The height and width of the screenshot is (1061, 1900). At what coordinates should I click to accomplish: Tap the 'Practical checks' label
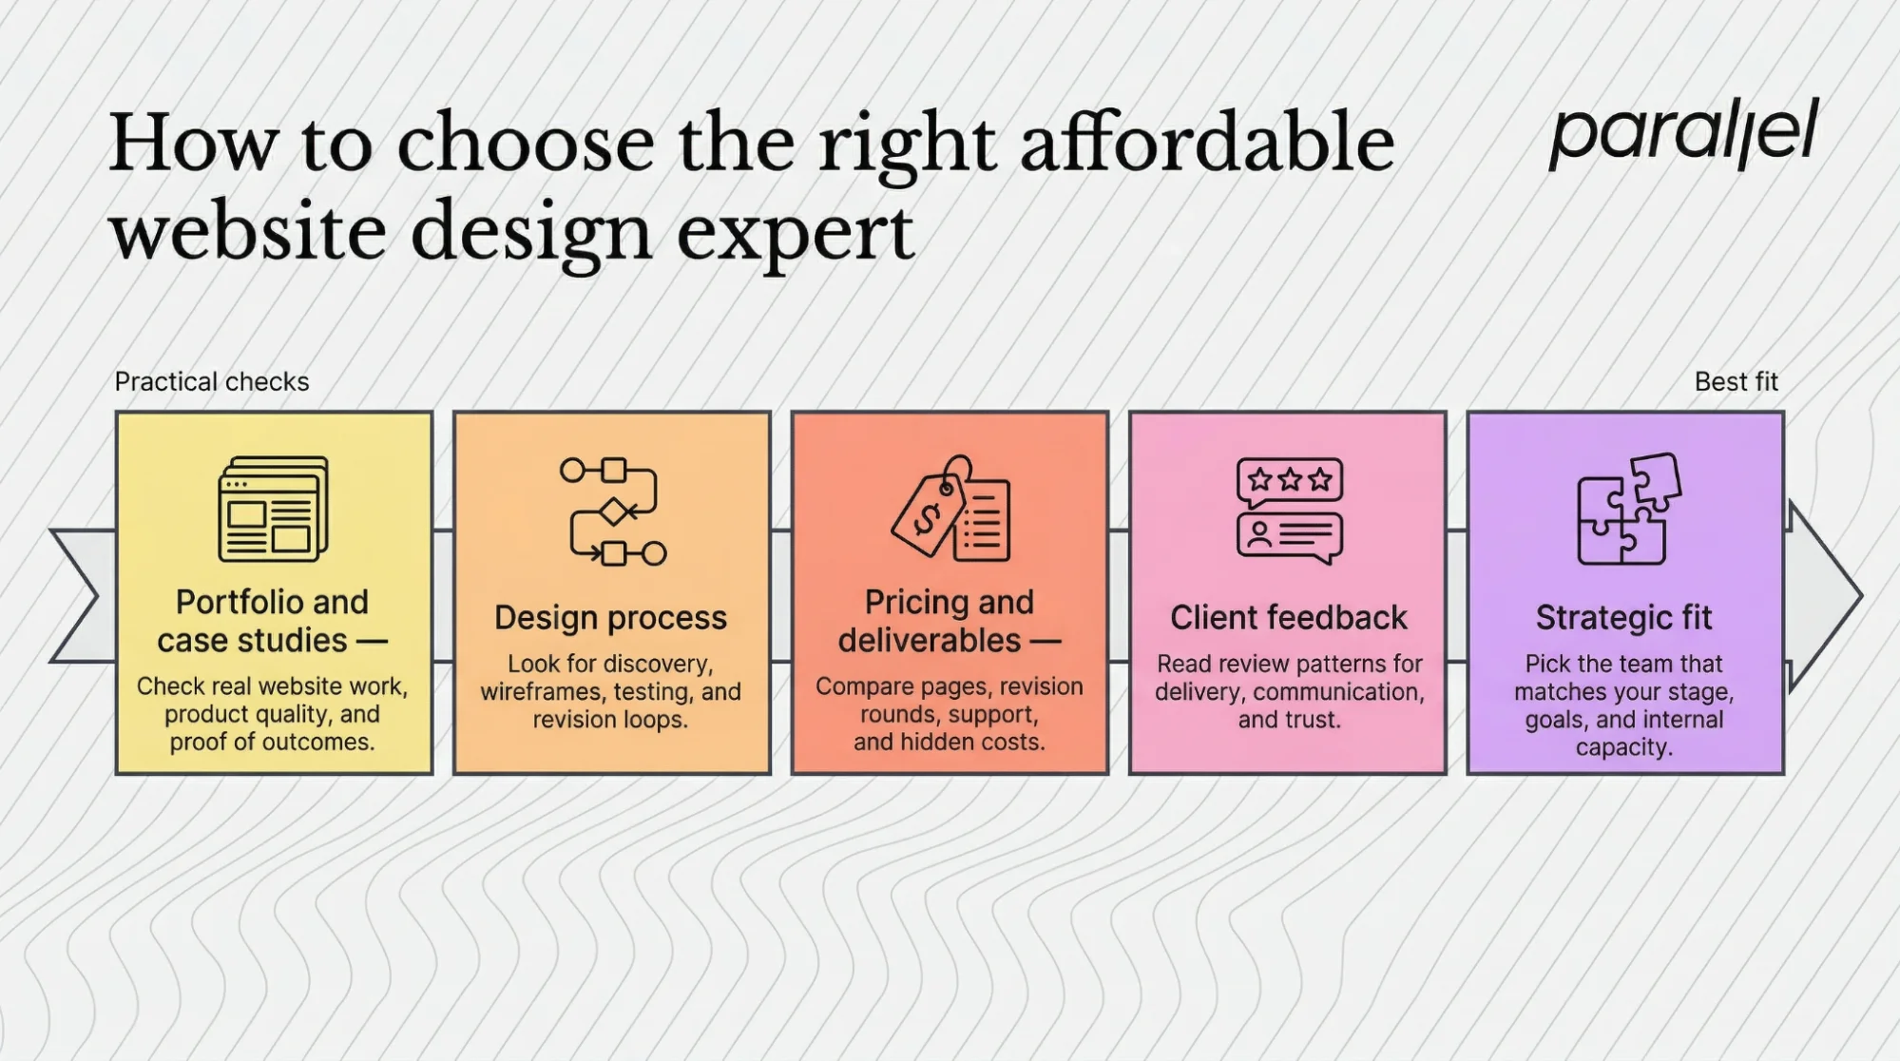pyautogui.click(x=212, y=382)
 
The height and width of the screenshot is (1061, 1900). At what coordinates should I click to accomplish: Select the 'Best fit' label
pyautogui.click(x=1736, y=382)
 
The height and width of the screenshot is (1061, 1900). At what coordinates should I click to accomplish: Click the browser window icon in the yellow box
pyautogui.click(x=273, y=510)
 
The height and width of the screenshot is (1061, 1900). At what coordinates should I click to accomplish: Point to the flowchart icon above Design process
pyautogui.click(x=613, y=511)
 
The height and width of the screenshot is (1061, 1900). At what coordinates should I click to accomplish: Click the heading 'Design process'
pyautogui.click(x=610, y=618)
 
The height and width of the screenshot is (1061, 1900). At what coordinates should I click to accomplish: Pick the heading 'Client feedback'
pyautogui.click(x=1288, y=618)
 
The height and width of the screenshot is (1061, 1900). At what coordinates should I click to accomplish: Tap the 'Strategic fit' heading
pyautogui.click(x=1623, y=618)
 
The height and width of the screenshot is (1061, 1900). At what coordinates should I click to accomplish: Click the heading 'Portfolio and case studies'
pyautogui.click(x=272, y=621)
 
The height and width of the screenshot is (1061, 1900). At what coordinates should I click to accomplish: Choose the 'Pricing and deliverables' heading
pyautogui.click(x=949, y=621)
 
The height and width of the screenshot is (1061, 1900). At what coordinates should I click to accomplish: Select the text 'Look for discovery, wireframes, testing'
pyautogui.click(x=610, y=678)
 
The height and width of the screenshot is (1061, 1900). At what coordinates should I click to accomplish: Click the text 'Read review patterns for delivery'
pyautogui.click(x=1289, y=678)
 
